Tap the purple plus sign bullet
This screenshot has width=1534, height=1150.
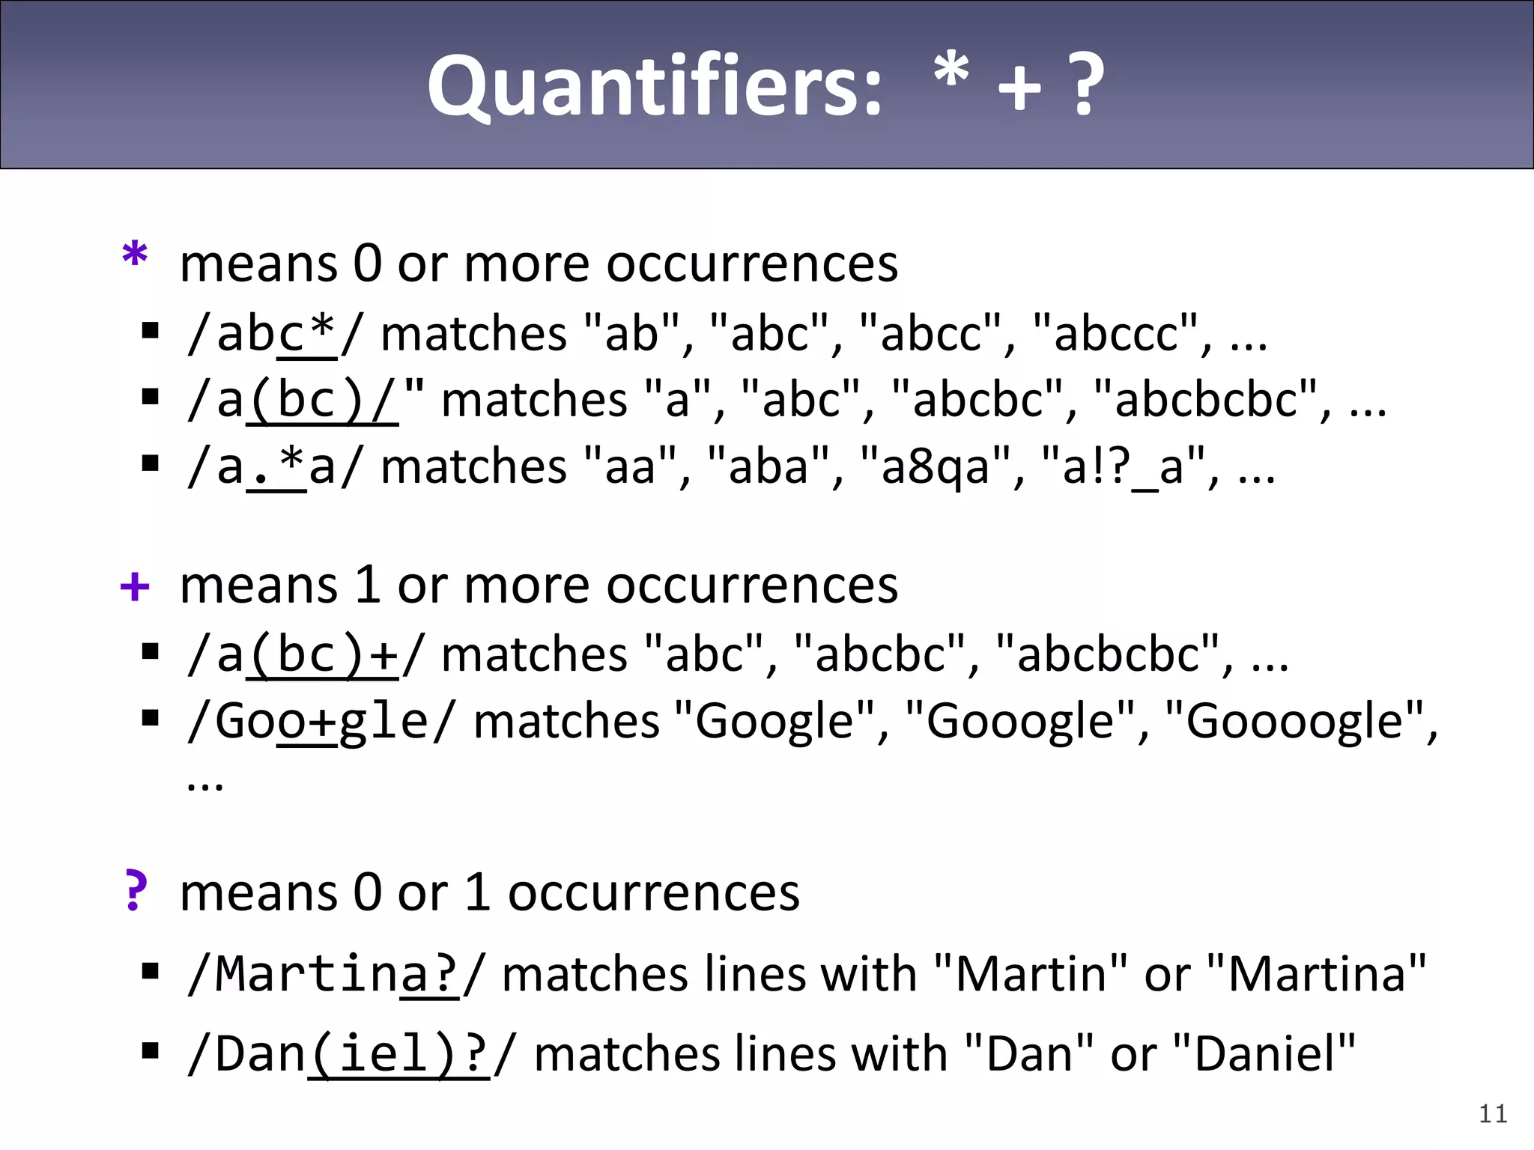pyautogui.click(x=135, y=586)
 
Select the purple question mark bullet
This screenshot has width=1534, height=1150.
pyautogui.click(x=135, y=891)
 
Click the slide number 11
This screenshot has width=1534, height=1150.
pyautogui.click(x=1493, y=1114)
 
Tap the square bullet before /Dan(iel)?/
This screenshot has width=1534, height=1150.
pyautogui.click(x=151, y=1051)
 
